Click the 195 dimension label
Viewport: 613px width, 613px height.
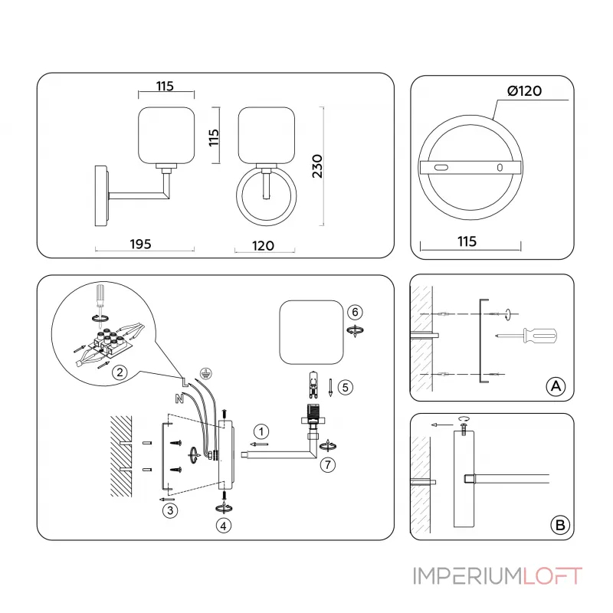coord(139,244)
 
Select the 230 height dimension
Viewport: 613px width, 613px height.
coord(318,165)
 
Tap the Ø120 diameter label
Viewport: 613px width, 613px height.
coord(524,90)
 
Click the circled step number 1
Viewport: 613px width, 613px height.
coord(261,430)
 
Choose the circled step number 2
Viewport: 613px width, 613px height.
coord(119,373)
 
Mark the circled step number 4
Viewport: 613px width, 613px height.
coord(223,526)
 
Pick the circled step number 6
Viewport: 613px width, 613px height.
coord(353,312)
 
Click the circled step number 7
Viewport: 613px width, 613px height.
coord(328,464)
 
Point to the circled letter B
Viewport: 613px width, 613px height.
coord(560,524)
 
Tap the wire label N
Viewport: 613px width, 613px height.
coord(179,398)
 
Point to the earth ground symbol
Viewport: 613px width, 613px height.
coord(205,371)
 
